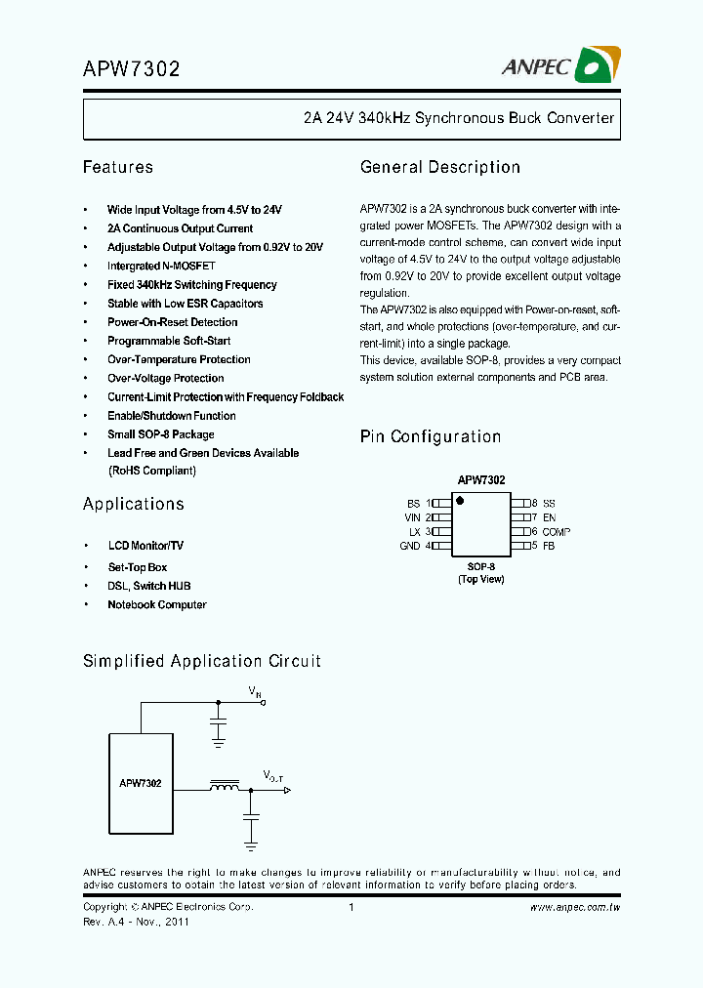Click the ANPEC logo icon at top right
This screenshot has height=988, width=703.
tap(594, 65)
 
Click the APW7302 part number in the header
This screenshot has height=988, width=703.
tap(131, 69)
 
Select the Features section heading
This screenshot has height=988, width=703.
tap(118, 167)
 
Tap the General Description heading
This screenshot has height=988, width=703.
tap(440, 167)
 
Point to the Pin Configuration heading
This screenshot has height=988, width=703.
tap(431, 436)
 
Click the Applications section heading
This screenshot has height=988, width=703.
tap(134, 504)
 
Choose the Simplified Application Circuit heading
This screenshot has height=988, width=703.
tap(202, 661)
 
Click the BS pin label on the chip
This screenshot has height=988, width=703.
tap(413, 502)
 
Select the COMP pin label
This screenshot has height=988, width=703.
tap(557, 532)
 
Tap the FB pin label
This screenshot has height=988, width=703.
tap(549, 546)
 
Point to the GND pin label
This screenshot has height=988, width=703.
tap(410, 546)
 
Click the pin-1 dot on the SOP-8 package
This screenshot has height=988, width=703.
tap(460, 501)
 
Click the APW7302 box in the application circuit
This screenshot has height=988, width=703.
tap(141, 783)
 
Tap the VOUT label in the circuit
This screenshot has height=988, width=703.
tap(272, 776)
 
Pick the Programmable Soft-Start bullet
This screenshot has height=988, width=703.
tap(169, 341)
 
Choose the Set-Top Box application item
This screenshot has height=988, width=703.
tap(137, 567)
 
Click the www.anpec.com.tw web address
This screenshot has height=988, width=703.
tap(575, 907)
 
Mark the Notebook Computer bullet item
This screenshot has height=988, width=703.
tap(156, 604)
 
